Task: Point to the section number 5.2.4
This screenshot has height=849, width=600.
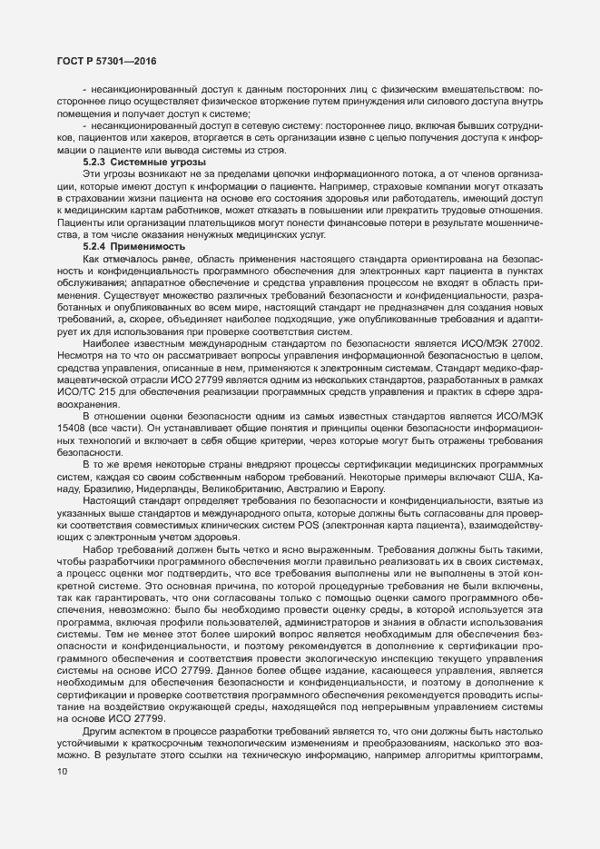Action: coord(98,247)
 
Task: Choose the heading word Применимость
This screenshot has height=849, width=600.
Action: coord(157,247)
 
